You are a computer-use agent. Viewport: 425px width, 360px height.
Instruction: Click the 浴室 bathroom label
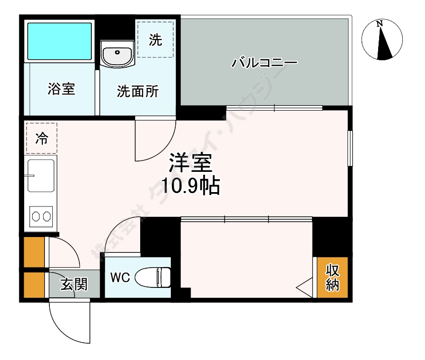[x=61, y=89]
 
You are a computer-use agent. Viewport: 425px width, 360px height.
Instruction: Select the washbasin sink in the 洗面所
[x=117, y=52]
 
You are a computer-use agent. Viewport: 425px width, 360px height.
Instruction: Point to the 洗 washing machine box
[x=155, y=40]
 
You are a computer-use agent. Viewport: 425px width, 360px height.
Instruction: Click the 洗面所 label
[x=138, y=91]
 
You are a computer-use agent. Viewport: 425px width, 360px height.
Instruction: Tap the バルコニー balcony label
[x=265, y=63]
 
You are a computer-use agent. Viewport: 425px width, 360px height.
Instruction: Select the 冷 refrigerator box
[x=42, y=139]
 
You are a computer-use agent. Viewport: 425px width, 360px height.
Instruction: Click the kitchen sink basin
[x=40, y=175]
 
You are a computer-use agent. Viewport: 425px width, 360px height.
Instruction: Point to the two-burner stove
[x=40, y=216]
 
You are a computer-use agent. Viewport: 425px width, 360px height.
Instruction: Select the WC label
[x=120, y=278]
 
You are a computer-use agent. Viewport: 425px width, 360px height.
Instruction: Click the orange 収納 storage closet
[x=332, y=278]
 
